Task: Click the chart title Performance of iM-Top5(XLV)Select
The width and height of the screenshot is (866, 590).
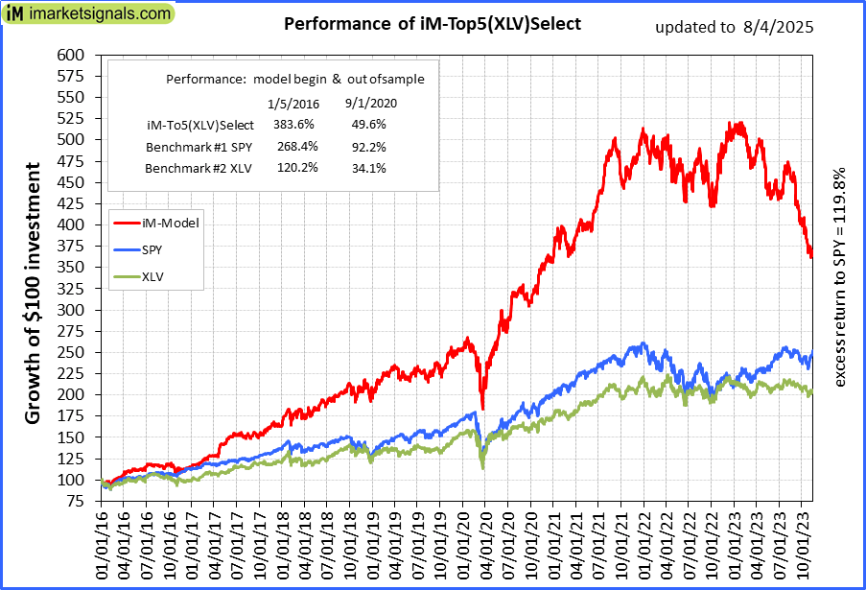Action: (x=433, y=24)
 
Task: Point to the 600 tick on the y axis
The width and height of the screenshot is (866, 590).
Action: (x=70, y=55)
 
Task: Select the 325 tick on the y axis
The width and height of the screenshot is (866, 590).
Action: (x=70, y=309)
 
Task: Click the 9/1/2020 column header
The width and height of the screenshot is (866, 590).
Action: (x=370, y=103)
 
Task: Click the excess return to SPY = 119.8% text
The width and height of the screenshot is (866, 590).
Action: (x=841, y=278)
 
